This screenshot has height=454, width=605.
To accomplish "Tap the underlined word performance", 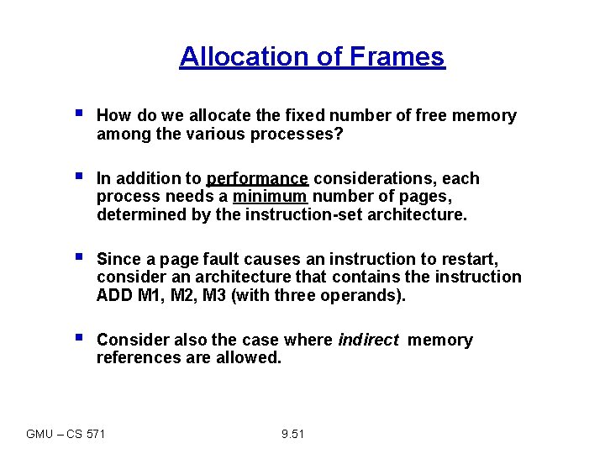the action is pyautogui.click(x=258, y=178).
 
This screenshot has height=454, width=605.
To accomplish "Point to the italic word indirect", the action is pyautogui.click(x=368, y=340).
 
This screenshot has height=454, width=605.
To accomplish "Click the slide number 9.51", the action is pyautogui.click(x=292, y=434).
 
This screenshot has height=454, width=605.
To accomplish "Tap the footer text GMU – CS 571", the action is pyautogui.click(x=66, y=434).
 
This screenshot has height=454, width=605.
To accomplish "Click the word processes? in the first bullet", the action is pyautogui.click(x=302, y=134).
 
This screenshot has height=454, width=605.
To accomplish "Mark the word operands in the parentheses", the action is pyautogui.click(x=364, y=294).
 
